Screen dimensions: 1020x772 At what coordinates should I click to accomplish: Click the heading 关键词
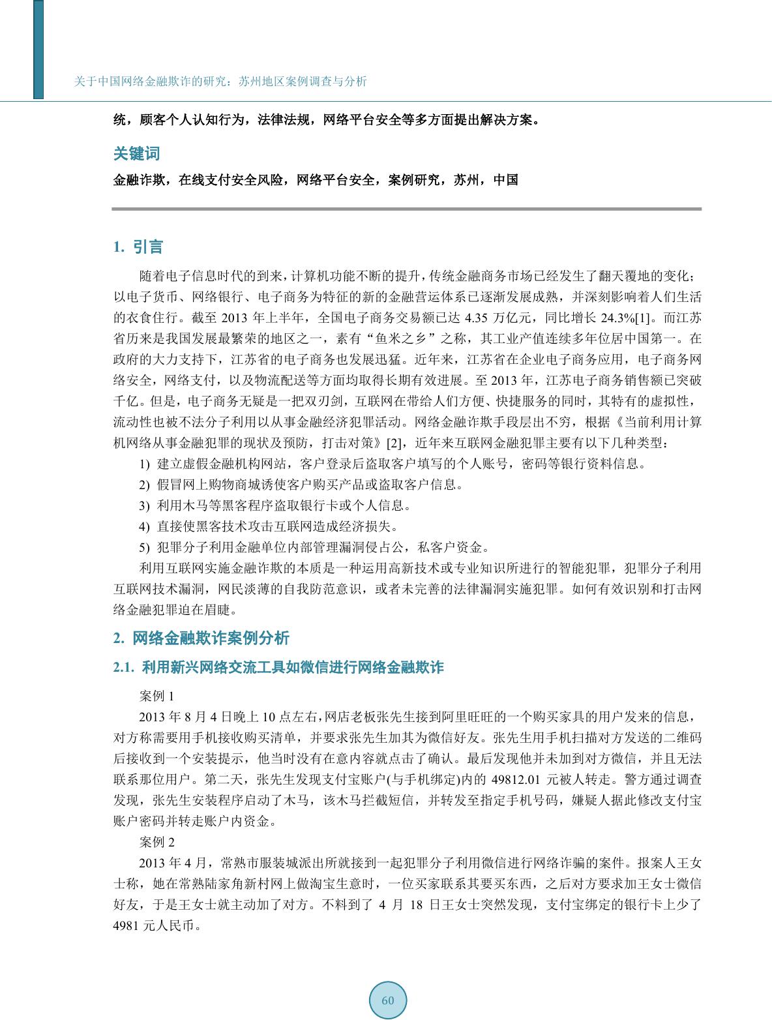pos(136,154)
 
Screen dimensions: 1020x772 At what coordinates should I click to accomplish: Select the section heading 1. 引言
pos(138,247)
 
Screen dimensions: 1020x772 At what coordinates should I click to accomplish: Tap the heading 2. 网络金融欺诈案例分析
pos(201,638)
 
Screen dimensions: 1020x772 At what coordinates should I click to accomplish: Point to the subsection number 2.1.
pos(124,668)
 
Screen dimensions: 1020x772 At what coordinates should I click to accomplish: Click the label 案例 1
pos(157,696)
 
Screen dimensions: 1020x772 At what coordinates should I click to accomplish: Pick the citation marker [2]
pos(396,443)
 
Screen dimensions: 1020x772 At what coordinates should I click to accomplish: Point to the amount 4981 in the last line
pos(126,926)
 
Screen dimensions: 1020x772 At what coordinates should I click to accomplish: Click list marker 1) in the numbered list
pos(145,465)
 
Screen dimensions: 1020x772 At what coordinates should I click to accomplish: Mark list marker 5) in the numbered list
pos(145,547)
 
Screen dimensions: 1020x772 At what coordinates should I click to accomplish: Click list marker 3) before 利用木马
pos(145,505)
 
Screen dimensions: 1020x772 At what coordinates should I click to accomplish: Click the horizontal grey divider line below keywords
pos(406,209)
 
